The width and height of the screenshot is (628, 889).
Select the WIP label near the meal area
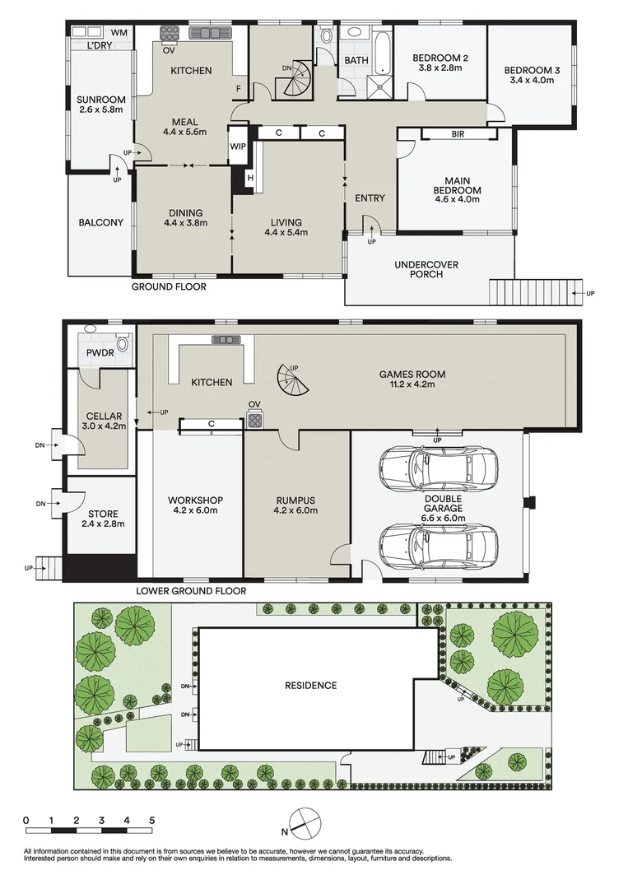[239, 146]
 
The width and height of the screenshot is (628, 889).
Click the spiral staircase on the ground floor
[295, 81]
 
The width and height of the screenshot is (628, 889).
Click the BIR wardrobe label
[458, 133]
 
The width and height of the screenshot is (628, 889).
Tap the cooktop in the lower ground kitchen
[255, 421]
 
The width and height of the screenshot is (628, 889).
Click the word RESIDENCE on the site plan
[310, 685]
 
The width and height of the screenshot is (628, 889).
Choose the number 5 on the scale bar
[151, 821]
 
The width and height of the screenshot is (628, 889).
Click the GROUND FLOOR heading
[169, 287]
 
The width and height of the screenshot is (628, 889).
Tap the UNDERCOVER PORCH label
[426, 269]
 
